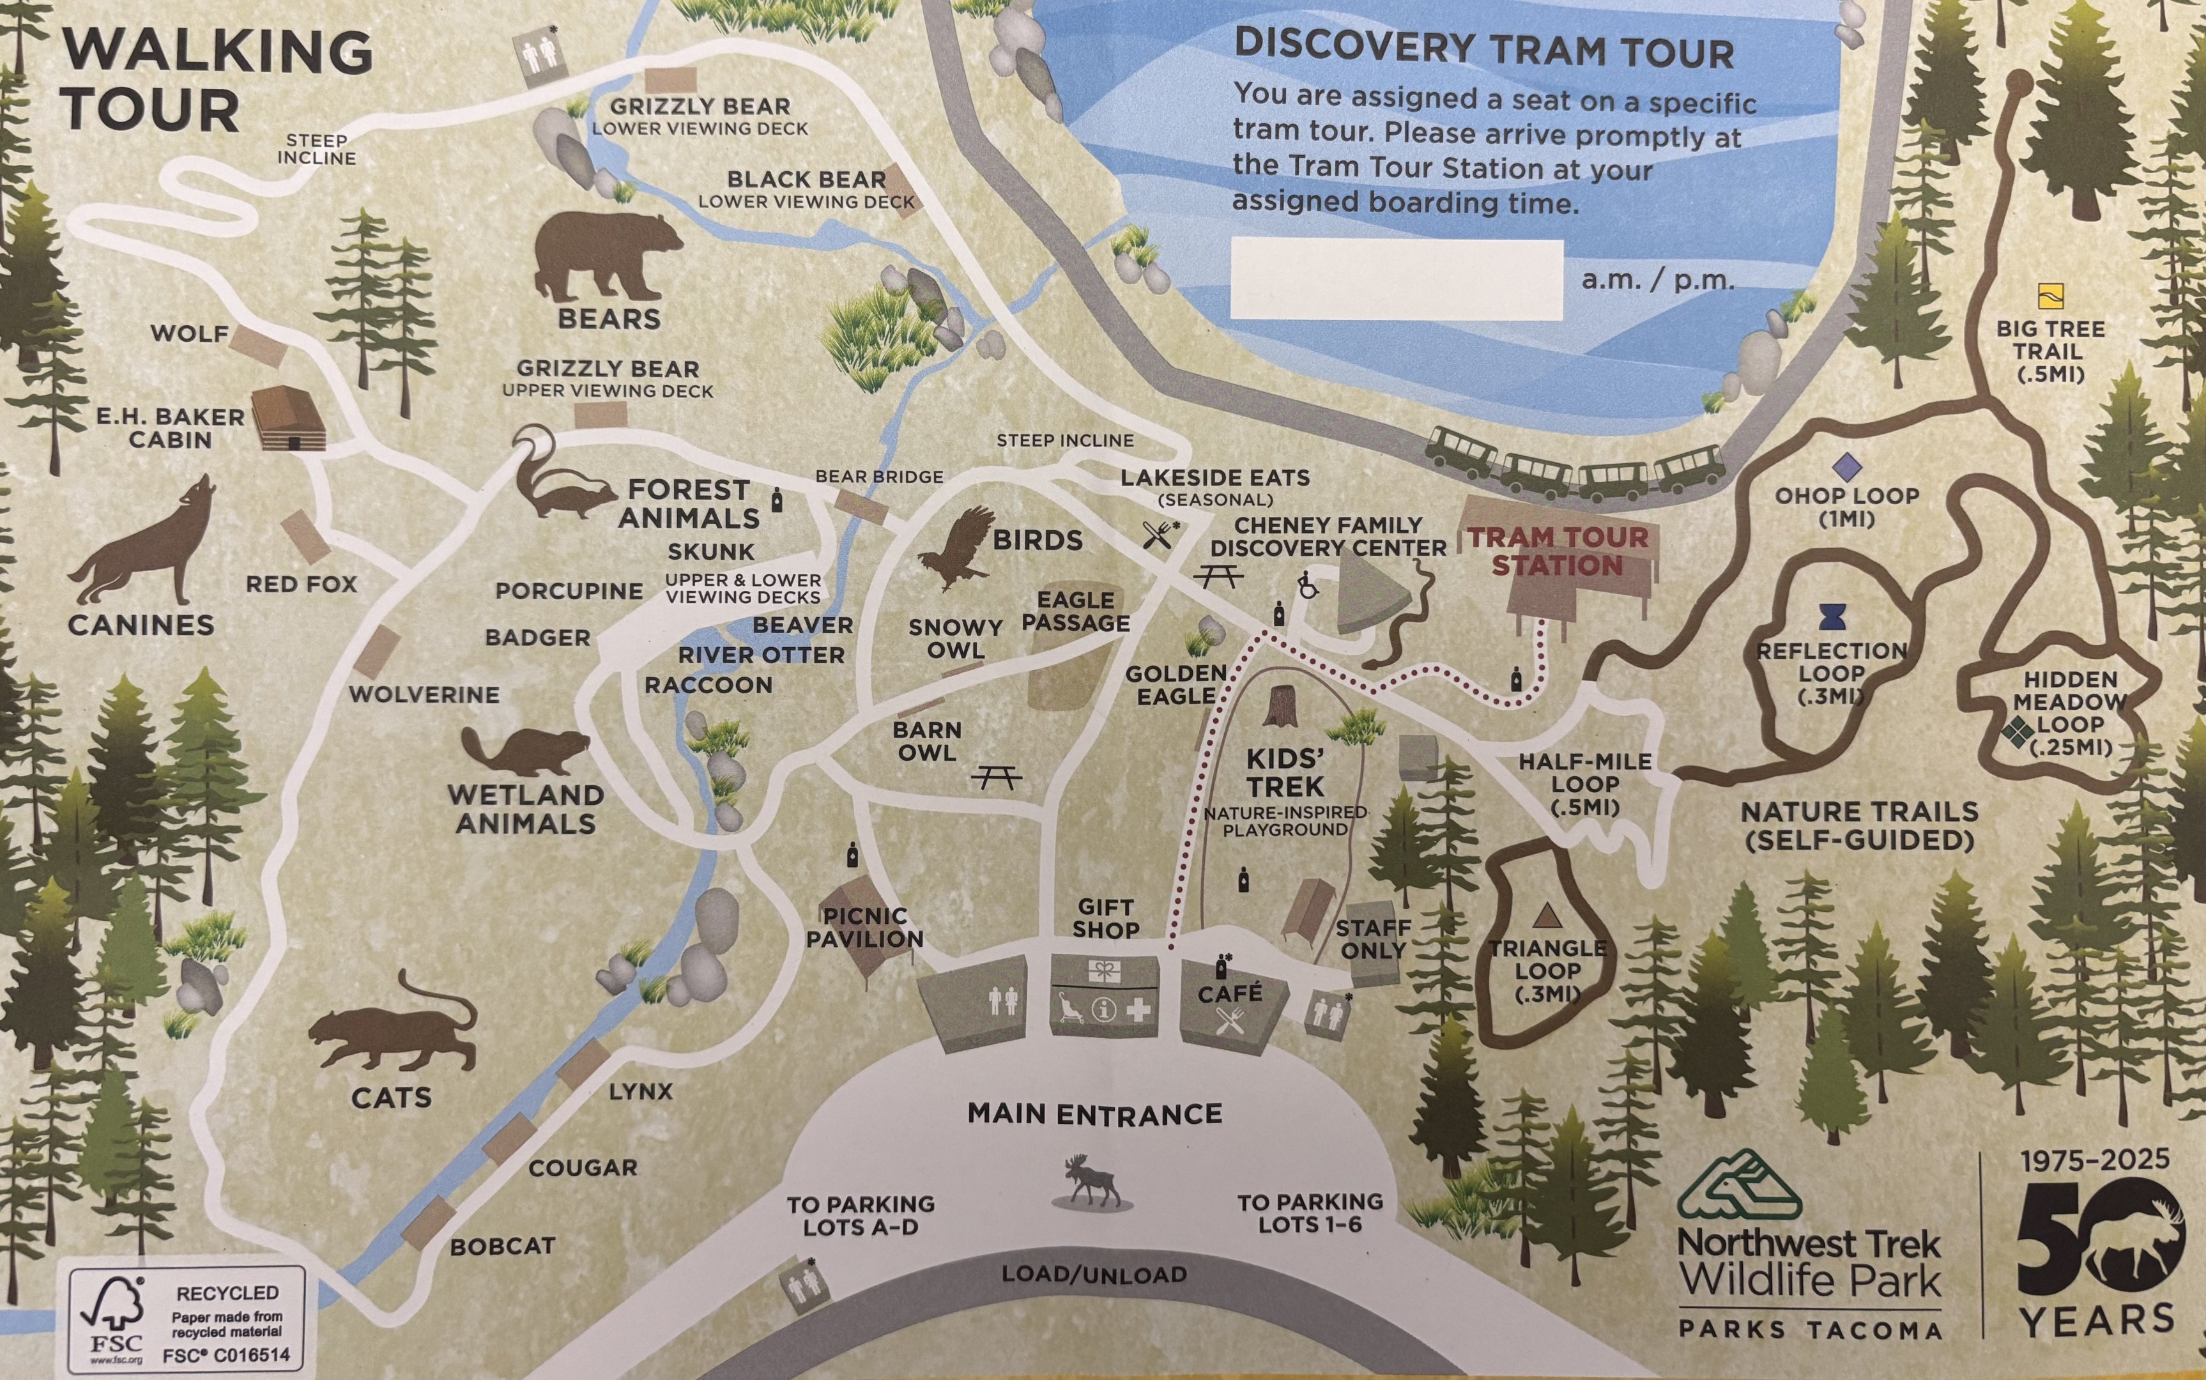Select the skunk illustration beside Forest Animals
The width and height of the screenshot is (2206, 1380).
pyautogui.click(x=556, y=479)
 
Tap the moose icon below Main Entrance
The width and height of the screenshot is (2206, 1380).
pyautogui.click(x=1093, y=1181)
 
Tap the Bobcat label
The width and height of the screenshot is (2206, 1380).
pyautogui.click(x=502, y=1246)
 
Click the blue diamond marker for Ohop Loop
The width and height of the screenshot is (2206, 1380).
pyautogui.click(x=1846, y=467)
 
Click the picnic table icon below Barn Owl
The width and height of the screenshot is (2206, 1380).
pyautogui.click(x=996, y=777)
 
